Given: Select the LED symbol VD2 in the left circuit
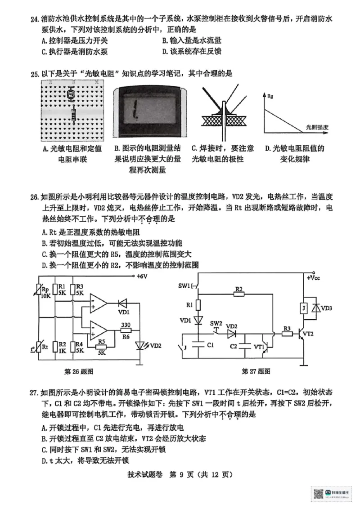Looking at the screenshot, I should tap(140, 346).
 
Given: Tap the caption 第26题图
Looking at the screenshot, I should tap(80, 371).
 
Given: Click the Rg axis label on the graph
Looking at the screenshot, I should tap(270, 96).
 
